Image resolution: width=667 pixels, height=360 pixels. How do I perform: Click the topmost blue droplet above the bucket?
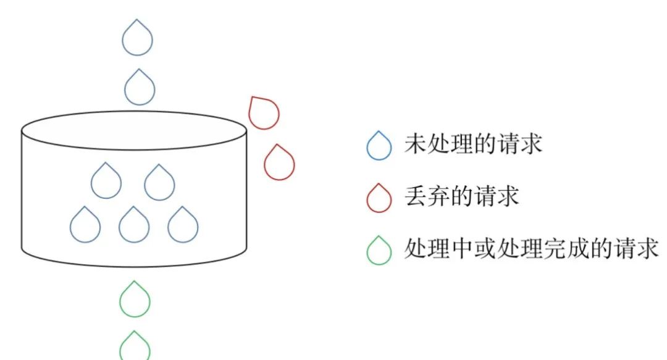click(x=137, y=38)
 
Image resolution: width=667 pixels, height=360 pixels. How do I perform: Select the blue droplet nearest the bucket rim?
click(x=139, y=88)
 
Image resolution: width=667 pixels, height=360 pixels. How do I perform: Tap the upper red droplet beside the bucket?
click(x=264, y=113)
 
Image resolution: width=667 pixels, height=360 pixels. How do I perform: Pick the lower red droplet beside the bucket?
click(x=279, y=163)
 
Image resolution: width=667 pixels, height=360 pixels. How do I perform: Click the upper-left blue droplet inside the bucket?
click(x=106, y=182)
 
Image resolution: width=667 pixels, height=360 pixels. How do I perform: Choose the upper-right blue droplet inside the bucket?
click(x=159, y=183)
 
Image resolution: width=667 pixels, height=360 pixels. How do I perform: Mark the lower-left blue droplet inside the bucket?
click(x=85, y=225)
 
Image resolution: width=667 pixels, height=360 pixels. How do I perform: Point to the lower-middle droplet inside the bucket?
click(x=134, y=225)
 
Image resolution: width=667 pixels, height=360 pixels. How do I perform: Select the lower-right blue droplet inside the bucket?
click(x=183, y=225)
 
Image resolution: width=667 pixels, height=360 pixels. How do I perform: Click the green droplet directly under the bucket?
click(x=135, y=299)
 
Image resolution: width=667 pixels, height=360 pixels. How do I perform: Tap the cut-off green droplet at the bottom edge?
click(x=135, y=347)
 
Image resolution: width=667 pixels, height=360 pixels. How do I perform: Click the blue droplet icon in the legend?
click(x=379, y=146)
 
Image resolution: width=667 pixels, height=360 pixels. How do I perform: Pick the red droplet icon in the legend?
click(x=379, y=199)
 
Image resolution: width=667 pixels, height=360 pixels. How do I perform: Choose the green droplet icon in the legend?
click(x=379, y=251)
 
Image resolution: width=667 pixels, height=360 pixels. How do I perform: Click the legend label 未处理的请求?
click(x=473, y=144)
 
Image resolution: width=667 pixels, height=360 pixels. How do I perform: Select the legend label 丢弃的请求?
click(x=461, y=197)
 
